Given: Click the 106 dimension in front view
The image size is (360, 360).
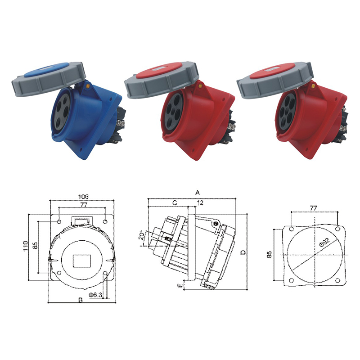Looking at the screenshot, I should coord(82,197).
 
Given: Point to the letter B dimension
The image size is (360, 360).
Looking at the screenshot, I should coord(80,300).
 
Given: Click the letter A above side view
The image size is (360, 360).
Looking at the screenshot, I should coord(197,192).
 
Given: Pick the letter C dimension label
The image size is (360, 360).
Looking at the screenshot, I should coord(175,203).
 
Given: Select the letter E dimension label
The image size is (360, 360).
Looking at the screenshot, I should coord(180,285).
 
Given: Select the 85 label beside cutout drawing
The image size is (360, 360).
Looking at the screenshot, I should coord(269,254).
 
